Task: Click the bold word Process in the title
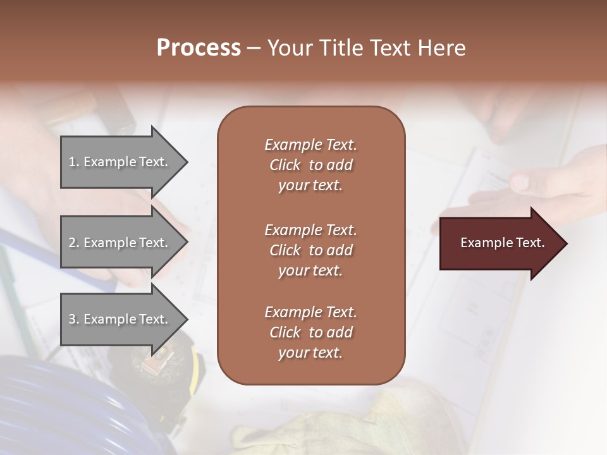(x=199, y=48)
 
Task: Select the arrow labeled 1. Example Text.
(x=120, y=162)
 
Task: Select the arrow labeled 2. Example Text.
(x=120, y=243)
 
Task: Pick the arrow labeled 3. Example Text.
(x=120, y=319)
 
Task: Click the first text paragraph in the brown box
(x=310, y=165)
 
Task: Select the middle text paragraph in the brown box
(x=310, y=250)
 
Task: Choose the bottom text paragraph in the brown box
(x=310, y=332)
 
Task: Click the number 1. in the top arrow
(x=74, y=162)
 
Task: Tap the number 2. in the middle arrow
(x=74, y=243)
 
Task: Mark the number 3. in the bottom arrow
(x=74, y=319)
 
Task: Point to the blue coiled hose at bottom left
(x=57, y=404)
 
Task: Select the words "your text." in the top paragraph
(x=310, y=186)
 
